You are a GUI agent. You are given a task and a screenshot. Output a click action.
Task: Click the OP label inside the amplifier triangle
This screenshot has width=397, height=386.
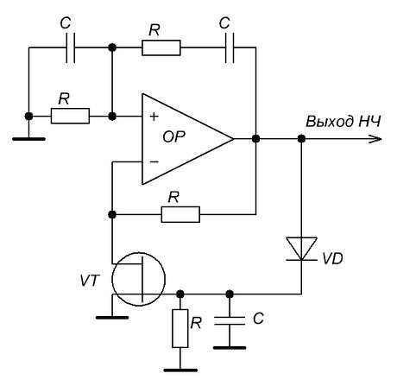click(x=173, y=137)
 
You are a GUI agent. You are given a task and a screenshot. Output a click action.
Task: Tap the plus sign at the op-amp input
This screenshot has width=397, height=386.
click(x=154, y=117)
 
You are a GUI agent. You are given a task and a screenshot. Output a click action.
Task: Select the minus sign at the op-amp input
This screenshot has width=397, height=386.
click(x=154, y=162)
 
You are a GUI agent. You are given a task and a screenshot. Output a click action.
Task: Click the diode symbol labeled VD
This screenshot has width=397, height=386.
click(x=301, y=249)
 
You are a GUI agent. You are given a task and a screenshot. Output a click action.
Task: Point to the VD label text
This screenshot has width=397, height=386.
click(x=332, y=259)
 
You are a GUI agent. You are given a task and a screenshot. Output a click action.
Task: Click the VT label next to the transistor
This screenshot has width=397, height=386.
click(x=90, y=280)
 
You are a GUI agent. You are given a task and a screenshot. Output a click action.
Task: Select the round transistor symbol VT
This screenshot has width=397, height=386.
click(x=139, y=279)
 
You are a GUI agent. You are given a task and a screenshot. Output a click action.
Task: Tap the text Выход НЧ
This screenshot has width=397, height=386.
click(x=343, y=122)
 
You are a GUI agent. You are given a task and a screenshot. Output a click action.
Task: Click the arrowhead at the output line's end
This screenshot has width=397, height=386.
click(x=375, y=139)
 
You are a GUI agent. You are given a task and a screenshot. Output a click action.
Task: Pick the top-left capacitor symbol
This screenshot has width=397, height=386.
click(x=71, y=47)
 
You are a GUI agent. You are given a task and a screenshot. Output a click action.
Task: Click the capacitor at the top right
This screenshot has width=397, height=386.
click(x=230, y=47)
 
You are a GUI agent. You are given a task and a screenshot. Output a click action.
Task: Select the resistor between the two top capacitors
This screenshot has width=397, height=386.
click(x=161, y=47)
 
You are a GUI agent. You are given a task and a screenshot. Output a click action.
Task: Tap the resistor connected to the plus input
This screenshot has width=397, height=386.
click(x=70, y=117)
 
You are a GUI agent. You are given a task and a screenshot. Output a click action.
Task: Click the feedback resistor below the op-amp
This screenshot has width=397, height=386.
click(x=180, y=214)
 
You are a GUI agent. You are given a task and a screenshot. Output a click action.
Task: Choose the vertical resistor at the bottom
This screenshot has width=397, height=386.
click(x=180, y=328)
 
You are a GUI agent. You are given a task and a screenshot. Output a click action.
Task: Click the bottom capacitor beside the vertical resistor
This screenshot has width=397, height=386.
click(x=230, y=320)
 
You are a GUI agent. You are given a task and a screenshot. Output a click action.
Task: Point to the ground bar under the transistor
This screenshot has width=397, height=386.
click(x=112, y=318)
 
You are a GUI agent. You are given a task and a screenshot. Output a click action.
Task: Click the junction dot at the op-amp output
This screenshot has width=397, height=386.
click(x=255, y=139)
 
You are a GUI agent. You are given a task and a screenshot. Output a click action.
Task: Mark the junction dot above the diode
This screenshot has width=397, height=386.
click(x=301, y=139)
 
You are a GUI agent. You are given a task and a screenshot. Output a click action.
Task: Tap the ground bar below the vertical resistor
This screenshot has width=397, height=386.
click(x=180, y=370)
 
